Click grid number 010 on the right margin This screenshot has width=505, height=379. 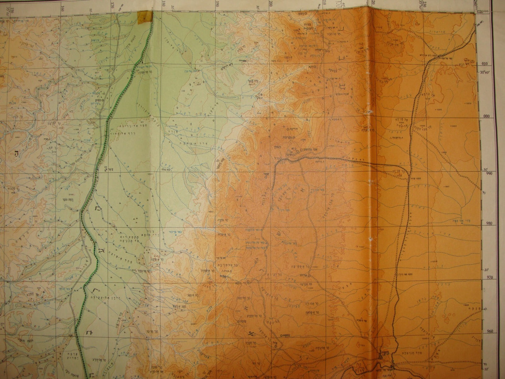point(484,64)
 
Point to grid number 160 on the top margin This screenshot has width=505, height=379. point(63,7)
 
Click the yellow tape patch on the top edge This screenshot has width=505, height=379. point(145,16)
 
